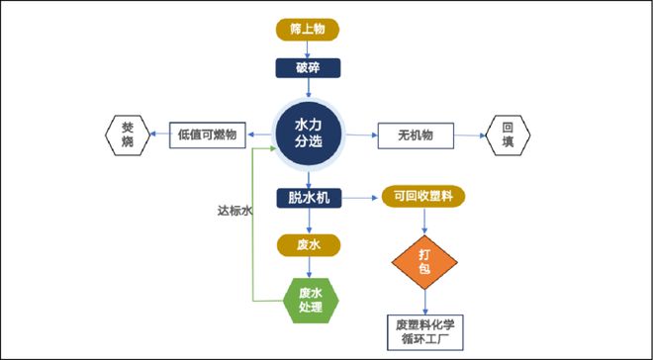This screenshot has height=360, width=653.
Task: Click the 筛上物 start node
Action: [x=308, y=30]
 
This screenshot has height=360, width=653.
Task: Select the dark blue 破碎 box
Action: [x=308, y=68]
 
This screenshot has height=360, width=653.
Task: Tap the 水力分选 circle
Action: [x=309, y=134]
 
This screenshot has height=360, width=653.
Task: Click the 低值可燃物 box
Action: [x=208, y=135]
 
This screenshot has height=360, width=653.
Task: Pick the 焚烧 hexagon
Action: [x=128, y=135]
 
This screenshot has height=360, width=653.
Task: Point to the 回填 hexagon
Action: [x=508, y=135]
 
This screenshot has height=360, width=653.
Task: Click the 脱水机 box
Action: [x=309, y=198]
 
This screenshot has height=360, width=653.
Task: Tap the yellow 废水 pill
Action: [x=309, y=243]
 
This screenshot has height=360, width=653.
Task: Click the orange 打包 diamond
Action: [x=425, y=261]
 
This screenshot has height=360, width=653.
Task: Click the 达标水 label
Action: [x=235, y=211]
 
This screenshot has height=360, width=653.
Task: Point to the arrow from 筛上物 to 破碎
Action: [x=308, y=48]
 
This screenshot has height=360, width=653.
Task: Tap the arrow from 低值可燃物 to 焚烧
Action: [x=158, y=135]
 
